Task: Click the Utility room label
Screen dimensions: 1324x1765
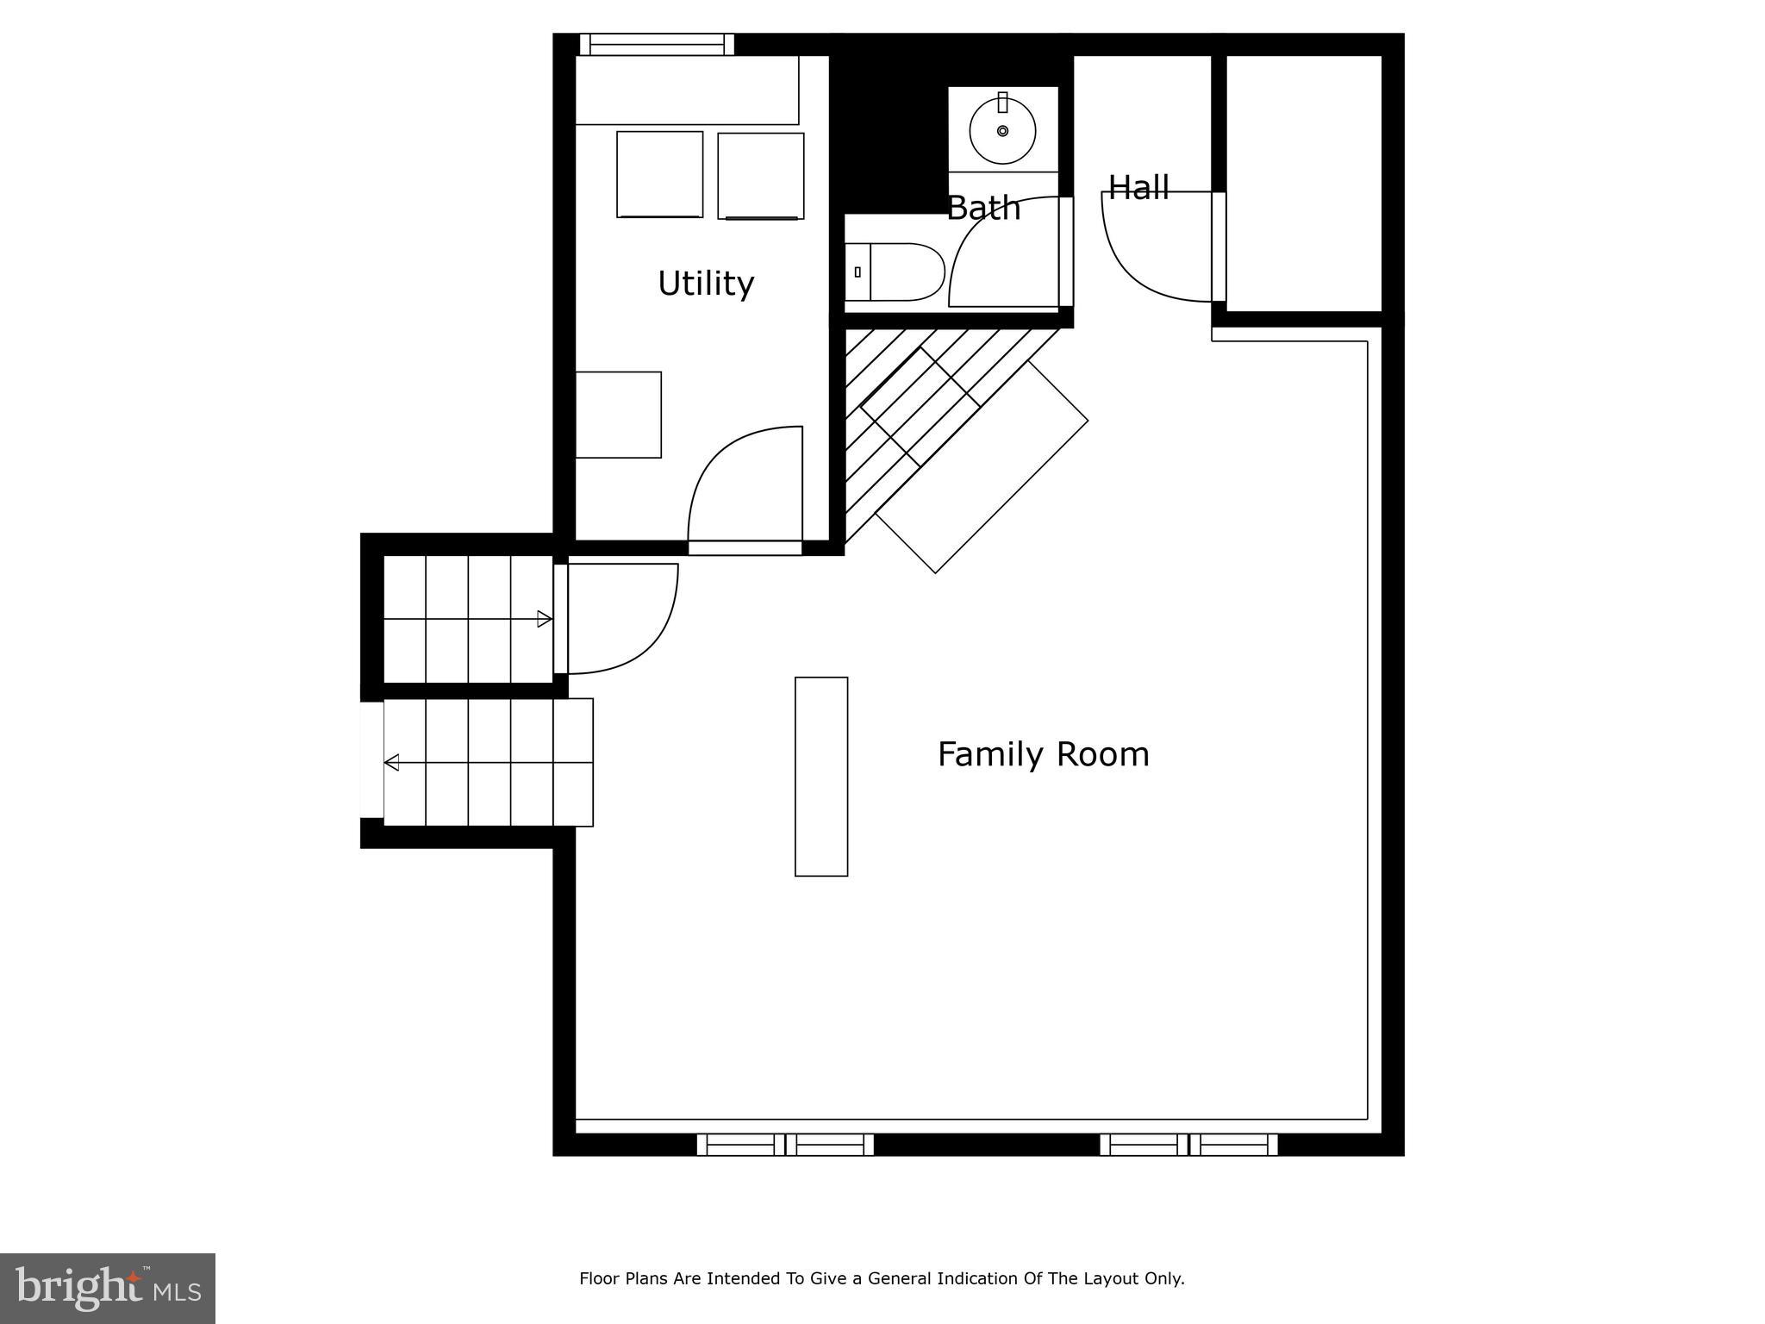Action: click(706, 284)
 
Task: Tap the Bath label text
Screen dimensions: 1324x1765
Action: click(983, 209)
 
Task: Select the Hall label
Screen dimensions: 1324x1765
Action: click(1138, 188)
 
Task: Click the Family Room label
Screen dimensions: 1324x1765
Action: click(1043, 754)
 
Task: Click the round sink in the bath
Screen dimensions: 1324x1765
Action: click(1002, 131)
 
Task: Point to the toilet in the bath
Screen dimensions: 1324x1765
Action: click(896, 272)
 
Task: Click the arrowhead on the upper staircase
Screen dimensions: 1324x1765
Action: click(544, 619)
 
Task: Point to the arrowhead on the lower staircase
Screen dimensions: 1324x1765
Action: click(392, 762)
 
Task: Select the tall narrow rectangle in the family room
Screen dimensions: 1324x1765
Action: click(821, 777)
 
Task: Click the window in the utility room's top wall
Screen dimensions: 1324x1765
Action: click(656, 44)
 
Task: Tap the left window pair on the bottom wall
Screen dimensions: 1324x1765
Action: click(785, 1145)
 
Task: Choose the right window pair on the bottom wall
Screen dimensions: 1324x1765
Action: click(1188, 1145)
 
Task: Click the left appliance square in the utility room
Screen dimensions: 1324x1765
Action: click(659, 174)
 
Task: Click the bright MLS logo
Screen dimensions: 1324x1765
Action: click(108, 1288)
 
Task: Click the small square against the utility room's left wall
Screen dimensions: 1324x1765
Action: click(618, 415)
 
